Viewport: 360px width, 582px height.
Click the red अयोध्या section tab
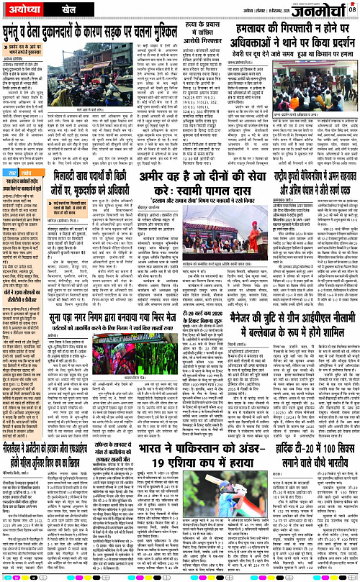click(23, 10)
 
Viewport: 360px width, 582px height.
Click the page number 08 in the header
click(352, 8)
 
